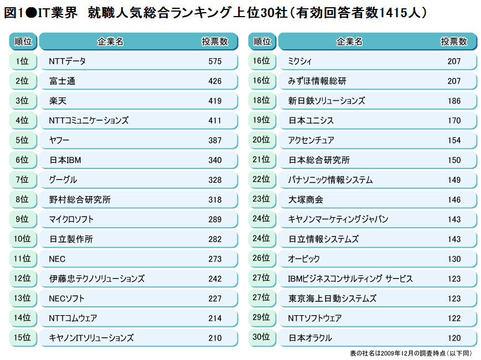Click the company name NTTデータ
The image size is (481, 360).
(67, 61)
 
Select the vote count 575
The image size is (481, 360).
(215, 61)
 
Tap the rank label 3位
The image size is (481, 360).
(22, 101)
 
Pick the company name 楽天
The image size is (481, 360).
(58, 101)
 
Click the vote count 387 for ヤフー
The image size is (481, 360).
(215, 140)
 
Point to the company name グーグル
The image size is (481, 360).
(63, 180)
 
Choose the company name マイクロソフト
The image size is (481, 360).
(71, 219)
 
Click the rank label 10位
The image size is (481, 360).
(22, 239)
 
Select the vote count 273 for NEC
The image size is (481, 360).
(215, 259)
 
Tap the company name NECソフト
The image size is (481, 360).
(66, 299)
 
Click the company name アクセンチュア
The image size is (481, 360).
(311, 140)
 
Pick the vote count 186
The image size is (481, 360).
(454, 101)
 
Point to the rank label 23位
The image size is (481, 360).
(261, 199)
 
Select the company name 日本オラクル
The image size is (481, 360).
(310, 338)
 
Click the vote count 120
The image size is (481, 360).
(454, 338)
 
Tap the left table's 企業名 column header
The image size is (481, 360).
(110, 42)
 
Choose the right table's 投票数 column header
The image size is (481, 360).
(454, 42)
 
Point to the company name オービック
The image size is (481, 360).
(304, 259)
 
